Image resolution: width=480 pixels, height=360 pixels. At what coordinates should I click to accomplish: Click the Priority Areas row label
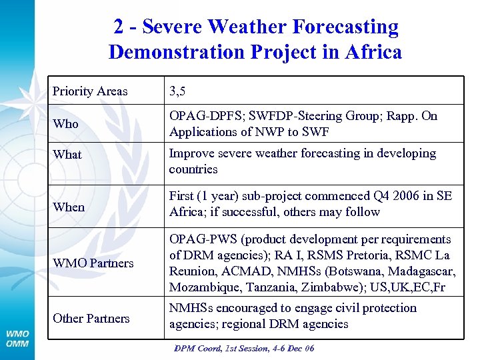coord(90,91)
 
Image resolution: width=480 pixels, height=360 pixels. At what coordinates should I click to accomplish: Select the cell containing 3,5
coord(177,91)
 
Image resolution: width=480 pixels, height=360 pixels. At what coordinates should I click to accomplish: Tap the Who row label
coord(65,124)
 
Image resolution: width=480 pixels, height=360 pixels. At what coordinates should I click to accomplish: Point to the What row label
coord(67,155)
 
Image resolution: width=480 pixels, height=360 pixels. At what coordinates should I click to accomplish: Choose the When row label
coord(69,207)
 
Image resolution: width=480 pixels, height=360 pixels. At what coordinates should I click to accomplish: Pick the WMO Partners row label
coord(93,263)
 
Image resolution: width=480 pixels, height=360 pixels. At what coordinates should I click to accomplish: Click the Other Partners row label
coord(91,318)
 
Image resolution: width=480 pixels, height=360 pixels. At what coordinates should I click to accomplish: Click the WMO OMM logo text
coord(18,338)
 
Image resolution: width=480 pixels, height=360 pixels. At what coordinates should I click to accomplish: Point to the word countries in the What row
coord(193,169)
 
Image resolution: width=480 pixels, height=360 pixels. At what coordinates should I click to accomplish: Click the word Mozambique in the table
coord(201,287)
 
